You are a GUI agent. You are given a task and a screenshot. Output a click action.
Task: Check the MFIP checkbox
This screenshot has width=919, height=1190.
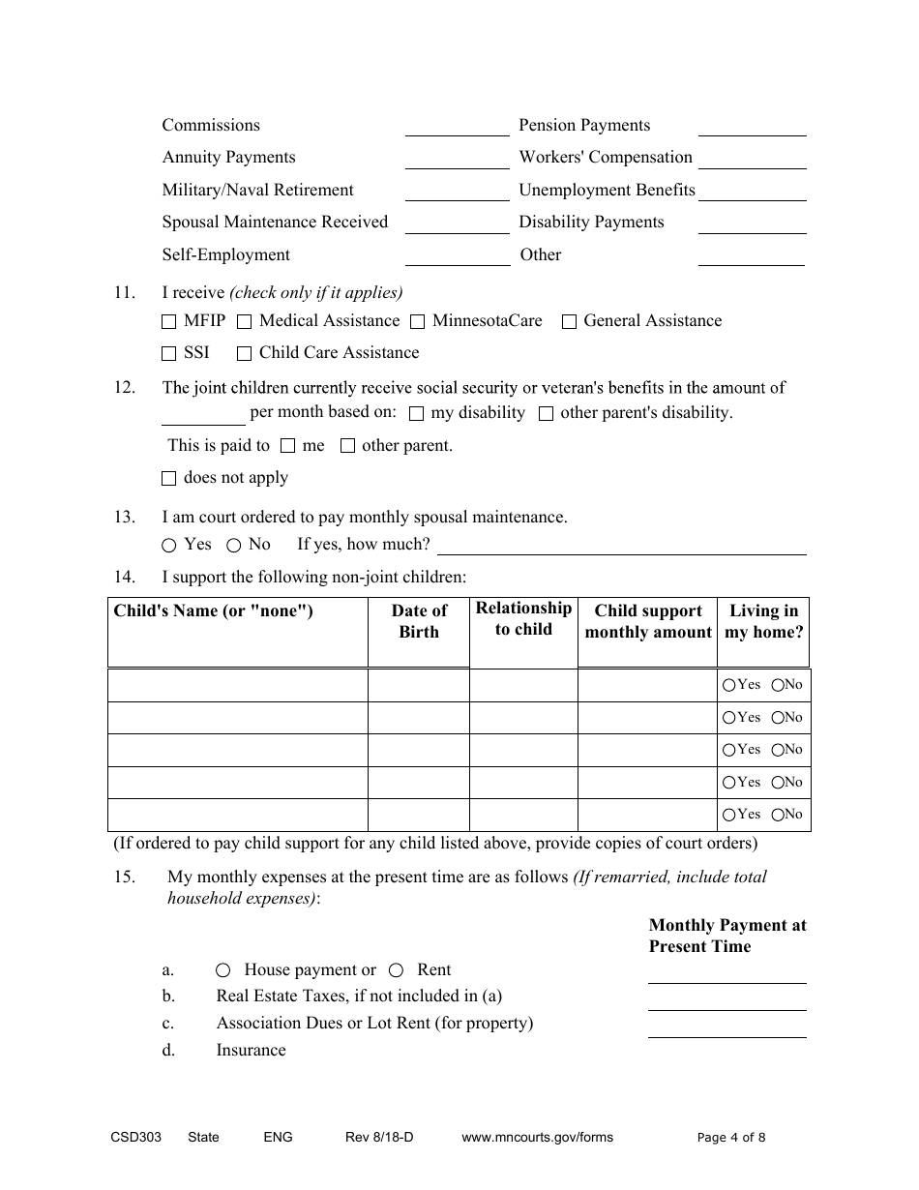pos(169,321)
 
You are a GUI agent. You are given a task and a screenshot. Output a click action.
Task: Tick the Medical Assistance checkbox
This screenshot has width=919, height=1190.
pos(244,321)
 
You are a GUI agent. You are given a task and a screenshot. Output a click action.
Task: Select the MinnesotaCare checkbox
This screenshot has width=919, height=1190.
pos(417,321)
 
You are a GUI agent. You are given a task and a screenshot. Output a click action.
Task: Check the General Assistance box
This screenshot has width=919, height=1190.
pos(569,321)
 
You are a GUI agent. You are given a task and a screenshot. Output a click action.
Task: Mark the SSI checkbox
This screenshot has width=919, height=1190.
pos(169,353)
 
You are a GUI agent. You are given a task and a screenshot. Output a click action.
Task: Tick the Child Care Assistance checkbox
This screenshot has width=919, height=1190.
pos(244,353)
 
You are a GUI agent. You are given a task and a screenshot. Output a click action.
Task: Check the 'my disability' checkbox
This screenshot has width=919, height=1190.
pos(417,414)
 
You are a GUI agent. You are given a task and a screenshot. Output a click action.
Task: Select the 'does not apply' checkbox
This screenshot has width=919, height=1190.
pos(169,478)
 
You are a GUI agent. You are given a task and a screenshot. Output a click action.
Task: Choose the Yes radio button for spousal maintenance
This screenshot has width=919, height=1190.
pos(169,546)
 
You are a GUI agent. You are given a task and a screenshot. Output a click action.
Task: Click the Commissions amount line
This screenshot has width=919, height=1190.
pos(457,127)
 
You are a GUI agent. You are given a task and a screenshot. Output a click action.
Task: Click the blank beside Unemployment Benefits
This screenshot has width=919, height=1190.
pos(752,192)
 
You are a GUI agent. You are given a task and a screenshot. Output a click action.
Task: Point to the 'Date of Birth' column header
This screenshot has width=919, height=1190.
pos(419,621)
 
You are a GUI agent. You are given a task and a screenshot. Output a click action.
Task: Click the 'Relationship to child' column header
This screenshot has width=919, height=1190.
pos(523,619)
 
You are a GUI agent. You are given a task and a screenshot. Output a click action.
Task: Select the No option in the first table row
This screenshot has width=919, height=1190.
pos(778,685)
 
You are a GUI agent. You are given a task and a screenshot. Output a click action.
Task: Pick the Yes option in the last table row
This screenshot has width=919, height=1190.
pos(728,815)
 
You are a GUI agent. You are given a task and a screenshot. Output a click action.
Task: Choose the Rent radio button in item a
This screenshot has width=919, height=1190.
pos(397,970)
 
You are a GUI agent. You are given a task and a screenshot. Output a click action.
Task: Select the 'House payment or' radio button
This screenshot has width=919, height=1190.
pos(223,970)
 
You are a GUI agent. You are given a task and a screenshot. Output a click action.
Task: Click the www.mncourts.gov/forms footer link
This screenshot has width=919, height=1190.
pos(537,1138)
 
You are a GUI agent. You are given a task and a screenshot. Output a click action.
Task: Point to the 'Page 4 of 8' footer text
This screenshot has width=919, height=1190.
pos(731,1138)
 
